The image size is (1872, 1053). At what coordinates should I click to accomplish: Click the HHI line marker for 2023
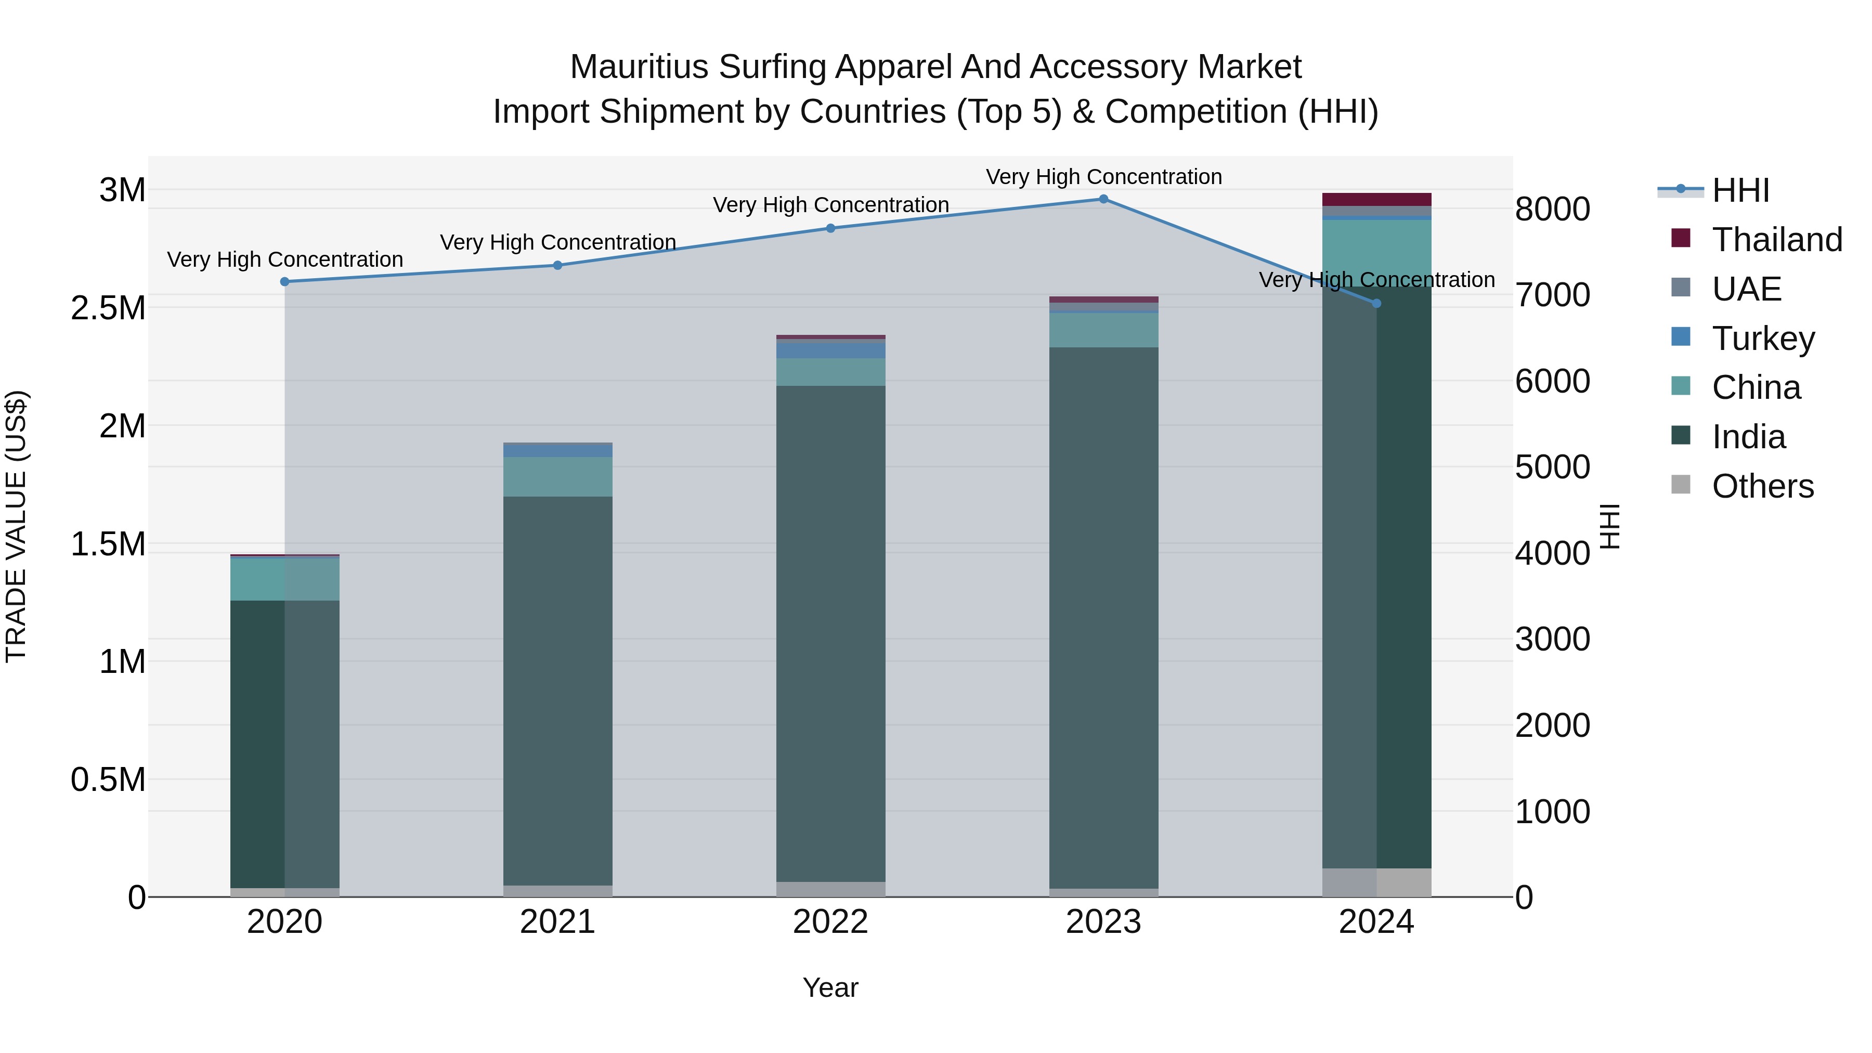coord(1103,199)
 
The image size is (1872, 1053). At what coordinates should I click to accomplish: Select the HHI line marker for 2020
coord(285,282)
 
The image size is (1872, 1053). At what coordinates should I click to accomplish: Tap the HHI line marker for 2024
coord(1376,304)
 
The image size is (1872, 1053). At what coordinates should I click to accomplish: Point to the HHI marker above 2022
coord(830,228)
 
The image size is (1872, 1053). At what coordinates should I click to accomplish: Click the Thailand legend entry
coord(1777,240)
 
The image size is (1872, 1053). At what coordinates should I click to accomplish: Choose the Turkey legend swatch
coord(1681,337)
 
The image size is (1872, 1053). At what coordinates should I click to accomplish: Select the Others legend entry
coord(1762,486)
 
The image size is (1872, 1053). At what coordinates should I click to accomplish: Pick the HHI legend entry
coord(1740,190)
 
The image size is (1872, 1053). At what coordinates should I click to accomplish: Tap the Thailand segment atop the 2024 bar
coord(1376,200)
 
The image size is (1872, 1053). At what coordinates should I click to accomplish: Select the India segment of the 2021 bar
coord(557,691)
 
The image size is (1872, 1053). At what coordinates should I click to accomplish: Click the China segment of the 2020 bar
coord(285,579)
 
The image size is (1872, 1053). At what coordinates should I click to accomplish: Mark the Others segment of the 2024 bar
coord(1376,882)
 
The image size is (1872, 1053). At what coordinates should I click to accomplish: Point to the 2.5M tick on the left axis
coord(108,308)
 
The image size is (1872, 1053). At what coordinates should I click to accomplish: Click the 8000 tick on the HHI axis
coord(1552,209)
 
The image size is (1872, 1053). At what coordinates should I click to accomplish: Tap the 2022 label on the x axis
coord(830,922)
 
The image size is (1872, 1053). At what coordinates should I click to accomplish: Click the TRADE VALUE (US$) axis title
coord(16,526)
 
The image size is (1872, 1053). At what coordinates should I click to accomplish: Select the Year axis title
coord(830,987)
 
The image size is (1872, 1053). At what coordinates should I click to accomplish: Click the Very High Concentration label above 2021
coord(557,242)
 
